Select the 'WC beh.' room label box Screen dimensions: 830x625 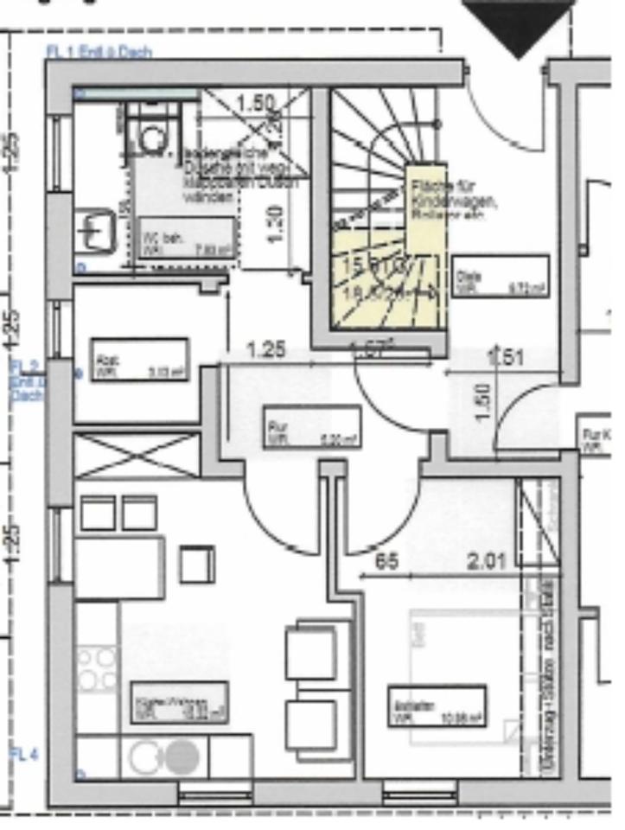click(x=185, y=237)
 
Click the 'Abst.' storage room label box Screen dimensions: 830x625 click(x=139, y=360)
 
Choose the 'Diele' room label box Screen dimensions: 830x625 click(x=500, y=276)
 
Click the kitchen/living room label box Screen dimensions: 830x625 click(x=179, y=702)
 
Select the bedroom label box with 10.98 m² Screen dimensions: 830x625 click(x=437, y=707)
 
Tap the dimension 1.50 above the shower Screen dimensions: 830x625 click(x=255, y=104)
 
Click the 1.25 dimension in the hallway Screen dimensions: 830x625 click(x=265, y=351)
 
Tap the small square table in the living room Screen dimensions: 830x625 click(x=196, y=564)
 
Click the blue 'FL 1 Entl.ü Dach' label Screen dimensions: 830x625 click(x=99, y=52)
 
